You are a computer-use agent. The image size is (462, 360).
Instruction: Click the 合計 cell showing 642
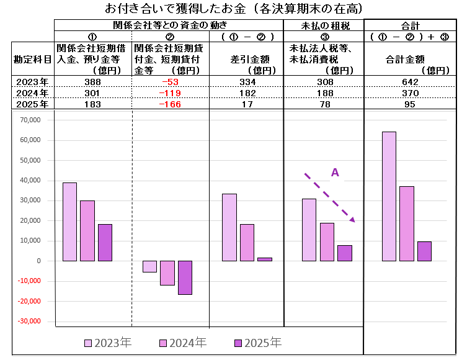(411, 82)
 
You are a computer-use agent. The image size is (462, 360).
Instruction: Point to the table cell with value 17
(246, 104)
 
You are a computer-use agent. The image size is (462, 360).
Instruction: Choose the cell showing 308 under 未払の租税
(322, 82)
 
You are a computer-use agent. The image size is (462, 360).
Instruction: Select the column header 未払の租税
(322, 25)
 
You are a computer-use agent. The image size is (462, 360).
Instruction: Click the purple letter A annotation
(335, 173)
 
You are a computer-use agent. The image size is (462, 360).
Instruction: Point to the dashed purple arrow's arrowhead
(352, 219)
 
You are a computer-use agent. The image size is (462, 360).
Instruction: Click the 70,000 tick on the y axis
(30, 120)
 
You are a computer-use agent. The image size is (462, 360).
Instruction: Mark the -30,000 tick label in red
(29, 322)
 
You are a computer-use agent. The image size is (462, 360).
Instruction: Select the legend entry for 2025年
(257, 343)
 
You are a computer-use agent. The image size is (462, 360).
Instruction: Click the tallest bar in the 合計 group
(389, 196)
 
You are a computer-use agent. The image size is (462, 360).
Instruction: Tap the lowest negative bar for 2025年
(185, 277)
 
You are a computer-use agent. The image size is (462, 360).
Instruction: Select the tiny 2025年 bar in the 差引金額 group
(264, 259)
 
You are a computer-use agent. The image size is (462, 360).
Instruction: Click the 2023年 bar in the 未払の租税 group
(309, 230)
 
